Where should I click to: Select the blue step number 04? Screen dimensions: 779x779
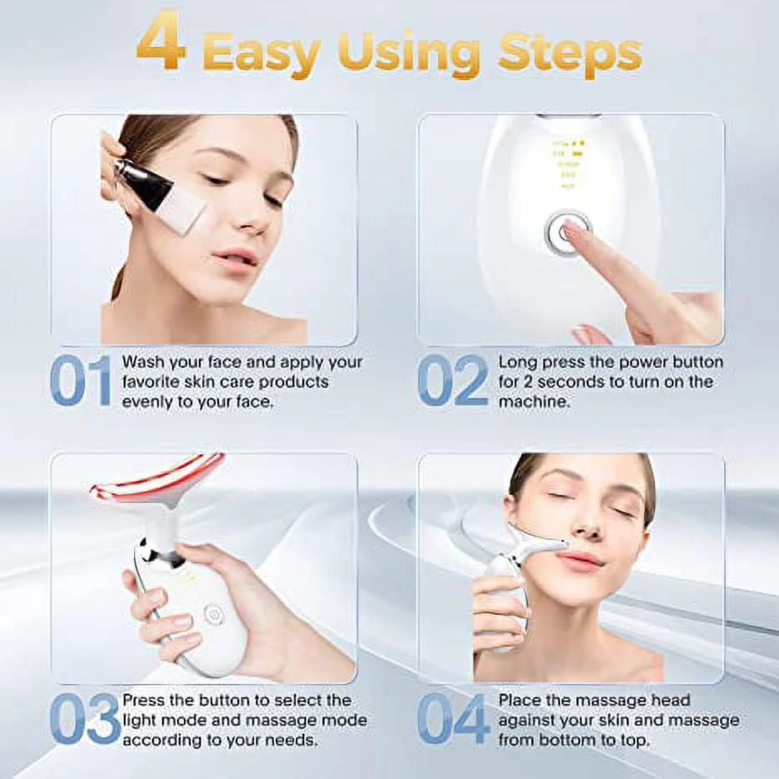click(453, 720)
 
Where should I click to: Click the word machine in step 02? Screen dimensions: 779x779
click(533, 402)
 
